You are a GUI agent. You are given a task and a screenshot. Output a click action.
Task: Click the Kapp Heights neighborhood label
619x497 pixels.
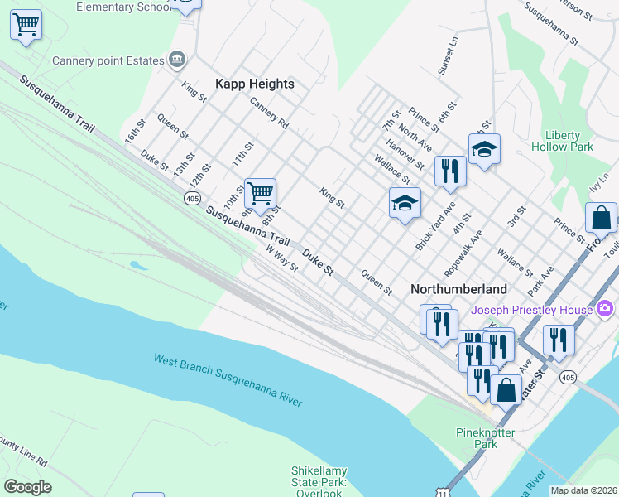click(x=255, y=84)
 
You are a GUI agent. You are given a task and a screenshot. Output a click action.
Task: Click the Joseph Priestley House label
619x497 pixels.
click(x=532, y=311)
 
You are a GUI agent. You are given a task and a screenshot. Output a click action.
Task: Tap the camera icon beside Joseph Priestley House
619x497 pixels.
click(x=605, y=309)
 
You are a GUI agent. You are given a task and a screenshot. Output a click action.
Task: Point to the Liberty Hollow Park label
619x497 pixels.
click(x=569, y=141)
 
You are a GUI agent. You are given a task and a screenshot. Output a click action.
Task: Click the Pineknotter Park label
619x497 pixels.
click(x=486, y=438)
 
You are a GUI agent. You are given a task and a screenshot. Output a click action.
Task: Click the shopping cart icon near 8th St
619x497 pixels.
click(x=261, y=194)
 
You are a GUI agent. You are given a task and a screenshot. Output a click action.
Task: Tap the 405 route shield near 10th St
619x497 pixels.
click(x=192, y=199)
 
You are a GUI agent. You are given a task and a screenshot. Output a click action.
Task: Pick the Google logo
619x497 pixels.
click(x=27, y=487)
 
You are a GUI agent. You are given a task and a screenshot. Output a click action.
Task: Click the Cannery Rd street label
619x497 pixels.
click(x=269, y=113)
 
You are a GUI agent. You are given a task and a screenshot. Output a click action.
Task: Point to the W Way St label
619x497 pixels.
click(x=282, y=259)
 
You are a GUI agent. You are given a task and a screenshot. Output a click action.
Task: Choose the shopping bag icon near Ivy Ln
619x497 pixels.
click(x=601, y=218)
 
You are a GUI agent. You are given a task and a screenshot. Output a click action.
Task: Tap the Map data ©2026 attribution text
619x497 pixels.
click(x=583, y=490)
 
